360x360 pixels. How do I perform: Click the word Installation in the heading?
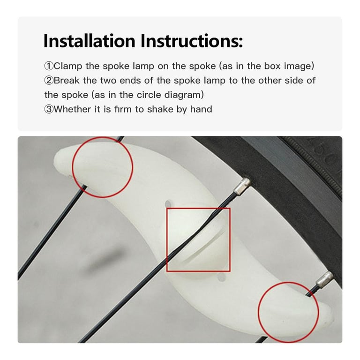pyautogui.click(x=90, y=41)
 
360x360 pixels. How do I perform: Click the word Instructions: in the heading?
pyautogui.click(x=192, y=41)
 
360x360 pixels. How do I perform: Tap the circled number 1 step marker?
pyautogui.click(x=49, y=66)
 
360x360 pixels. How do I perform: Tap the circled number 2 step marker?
pyautogui.click(x=49, y=81)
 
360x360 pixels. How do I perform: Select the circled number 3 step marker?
pyautogui.click(x=49, y=109)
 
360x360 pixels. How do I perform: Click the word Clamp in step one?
pyautogui.click(x=67, y=66)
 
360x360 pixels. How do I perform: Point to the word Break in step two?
pyautogui.click(x=67, y=80)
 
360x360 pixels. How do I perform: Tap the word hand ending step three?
pyautogui.click(x=201, y=109)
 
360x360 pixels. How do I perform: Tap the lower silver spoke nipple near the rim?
pyautogui.click(x=324, y=278)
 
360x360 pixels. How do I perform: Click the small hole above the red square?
pyautogui.click(x=168, y=203)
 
